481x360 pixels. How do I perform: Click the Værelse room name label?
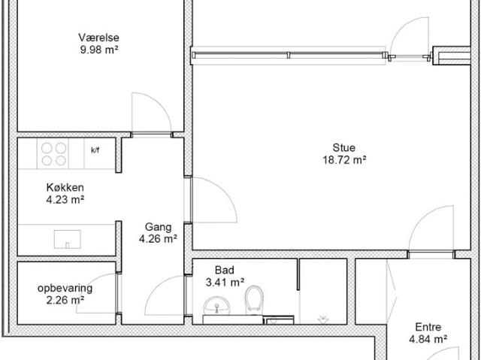click(98, 38)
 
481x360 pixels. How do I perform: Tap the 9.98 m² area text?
click(99, 50)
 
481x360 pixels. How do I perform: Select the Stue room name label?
click(344, 147)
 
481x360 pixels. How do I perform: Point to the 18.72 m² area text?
click(344, 160)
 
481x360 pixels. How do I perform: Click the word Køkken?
click(65, 187)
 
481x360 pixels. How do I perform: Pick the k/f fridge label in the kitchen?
click(95, 150)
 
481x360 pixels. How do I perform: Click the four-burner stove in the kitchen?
click(53, 154)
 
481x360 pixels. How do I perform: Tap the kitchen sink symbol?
click(68, 239)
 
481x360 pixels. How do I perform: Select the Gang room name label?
click(159, 227)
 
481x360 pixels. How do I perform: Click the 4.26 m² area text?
click(158, 238)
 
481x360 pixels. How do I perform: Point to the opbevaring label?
click(65, 289)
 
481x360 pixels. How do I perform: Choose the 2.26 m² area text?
click(65, 300)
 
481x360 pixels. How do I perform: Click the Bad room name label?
click(225, 270)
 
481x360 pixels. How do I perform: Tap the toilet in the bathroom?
click(254, 300)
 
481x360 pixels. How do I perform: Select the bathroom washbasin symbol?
click(217, 305)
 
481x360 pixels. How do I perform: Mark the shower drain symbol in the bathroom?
click(323, 319)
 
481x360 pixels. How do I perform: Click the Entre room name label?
click(428, 327)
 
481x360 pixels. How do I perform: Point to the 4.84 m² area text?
click(428, 340)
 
